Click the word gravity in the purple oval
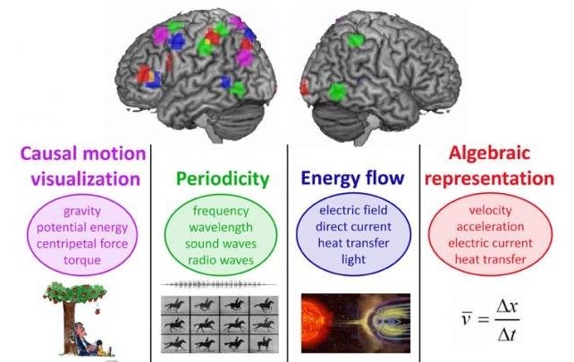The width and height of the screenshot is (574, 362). (82, 211)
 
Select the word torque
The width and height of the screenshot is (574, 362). (82, 260)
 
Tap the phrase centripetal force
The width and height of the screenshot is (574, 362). (82, 244)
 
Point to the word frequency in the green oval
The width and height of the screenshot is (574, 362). (221, 211)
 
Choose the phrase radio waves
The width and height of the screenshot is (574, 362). (221, 260)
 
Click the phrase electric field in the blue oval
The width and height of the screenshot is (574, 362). (353, 210)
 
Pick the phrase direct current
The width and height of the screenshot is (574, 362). (353, 226)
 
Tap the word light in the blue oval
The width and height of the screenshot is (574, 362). (353, 259)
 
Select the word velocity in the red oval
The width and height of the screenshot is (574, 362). (490, 210)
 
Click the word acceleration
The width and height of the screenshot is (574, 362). (490, 226)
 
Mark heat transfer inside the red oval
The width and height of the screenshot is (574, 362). (490, 259)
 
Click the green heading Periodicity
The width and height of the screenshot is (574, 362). (223, 179)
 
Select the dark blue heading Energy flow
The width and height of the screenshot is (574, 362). (352, 178)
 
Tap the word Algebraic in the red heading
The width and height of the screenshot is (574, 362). (489, 153)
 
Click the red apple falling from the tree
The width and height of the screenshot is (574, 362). (97, 311)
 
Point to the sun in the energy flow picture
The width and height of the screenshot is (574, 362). (316, 318)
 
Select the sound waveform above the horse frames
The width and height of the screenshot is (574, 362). (219, 284)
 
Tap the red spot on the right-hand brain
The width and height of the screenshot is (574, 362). (304, 87)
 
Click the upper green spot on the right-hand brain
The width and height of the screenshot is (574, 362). (354, 40)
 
